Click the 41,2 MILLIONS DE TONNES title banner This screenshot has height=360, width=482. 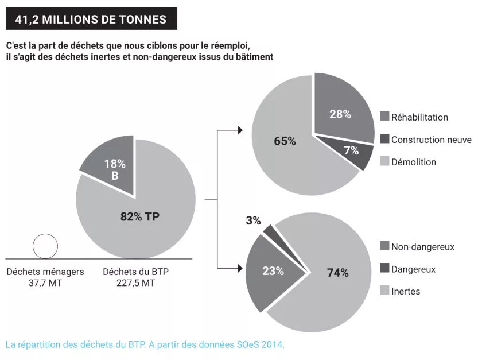pos(91,19)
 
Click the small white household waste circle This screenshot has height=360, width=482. pos(45,246)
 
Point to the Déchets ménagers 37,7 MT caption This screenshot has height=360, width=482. pos(45,277)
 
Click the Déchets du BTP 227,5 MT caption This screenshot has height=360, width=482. pos(136,277)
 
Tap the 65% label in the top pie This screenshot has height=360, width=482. pos(285,141)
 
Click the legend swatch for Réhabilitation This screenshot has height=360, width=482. pos(384,117)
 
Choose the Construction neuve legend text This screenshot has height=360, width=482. pos(431,140)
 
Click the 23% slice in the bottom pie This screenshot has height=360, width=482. pos(273,271)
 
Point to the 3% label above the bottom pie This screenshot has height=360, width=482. pos(253,220)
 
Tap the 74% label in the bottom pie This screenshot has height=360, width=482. pos(337,273)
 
